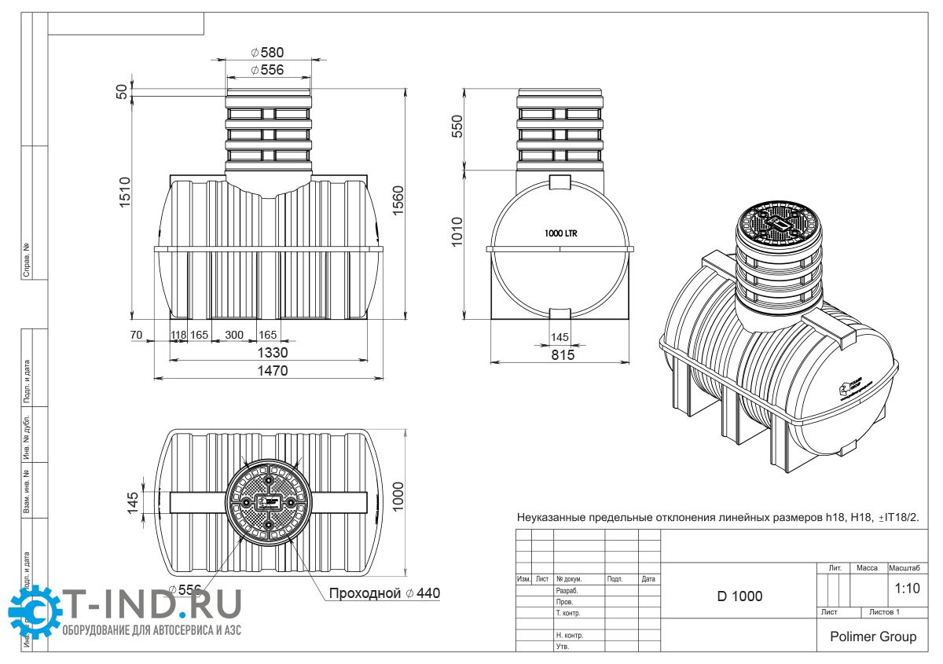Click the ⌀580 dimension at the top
(267, 53)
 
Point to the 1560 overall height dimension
(398, 202)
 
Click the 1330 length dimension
(270, 351)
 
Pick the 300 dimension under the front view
(234, 335)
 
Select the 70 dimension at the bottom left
(136, 335)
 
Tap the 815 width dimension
(562, 355)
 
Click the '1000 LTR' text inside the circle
(560, 233)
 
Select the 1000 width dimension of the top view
(398, 497)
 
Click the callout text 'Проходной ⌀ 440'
(384, 593)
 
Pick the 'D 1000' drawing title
(739, 596)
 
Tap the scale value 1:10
(907, 588)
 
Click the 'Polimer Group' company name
(872, 636)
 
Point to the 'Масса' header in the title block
(867, 567)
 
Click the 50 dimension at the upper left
(122, 90)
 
